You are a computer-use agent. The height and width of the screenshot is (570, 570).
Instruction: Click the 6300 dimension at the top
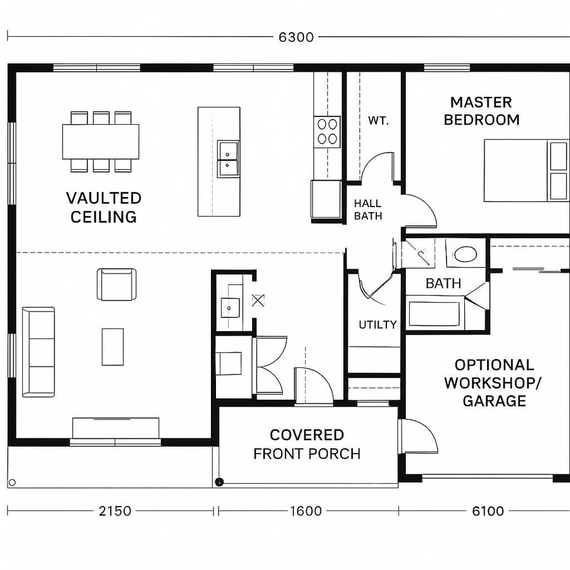[x=296, y=37]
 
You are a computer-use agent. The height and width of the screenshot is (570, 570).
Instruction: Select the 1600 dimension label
[x=306, y=510]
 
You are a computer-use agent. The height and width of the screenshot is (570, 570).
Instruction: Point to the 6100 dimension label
[x=488, y=510]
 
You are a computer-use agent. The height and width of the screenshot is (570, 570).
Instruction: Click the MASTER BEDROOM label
[x=481, y=111]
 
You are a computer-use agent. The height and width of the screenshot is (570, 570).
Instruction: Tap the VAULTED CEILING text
[x=103, y=208]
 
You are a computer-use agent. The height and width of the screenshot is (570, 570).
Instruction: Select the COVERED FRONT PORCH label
[x=307, y=445]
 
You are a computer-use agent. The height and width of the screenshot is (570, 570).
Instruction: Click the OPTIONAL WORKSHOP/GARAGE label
[x=494, y=383]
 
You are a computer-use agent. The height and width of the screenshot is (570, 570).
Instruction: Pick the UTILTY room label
[x=377, y=325]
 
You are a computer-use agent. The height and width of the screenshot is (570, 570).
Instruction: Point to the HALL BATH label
[x=367, y=210]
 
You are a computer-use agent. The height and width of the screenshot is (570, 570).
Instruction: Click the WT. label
[x=378, y=120]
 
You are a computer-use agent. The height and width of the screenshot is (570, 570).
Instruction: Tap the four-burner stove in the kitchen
[x=327, y=132]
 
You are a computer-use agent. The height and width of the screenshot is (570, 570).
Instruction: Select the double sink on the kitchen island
[x=227, y=159]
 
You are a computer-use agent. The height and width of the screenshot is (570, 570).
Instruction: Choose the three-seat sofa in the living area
[x=38, y=352]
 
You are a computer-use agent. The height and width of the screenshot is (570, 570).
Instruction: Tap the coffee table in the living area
[x=113, y=346]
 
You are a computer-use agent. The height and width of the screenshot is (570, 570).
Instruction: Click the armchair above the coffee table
[x=117, y=284]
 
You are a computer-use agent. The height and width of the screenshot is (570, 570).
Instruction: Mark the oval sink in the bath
[x=465, y=255]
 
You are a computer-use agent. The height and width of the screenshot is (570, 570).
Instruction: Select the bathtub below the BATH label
[x=434, y=315]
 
